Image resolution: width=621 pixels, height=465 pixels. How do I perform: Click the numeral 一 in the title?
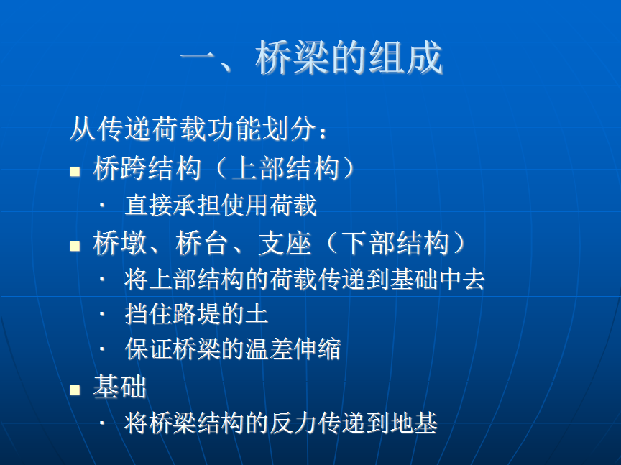click(x=198, y=59)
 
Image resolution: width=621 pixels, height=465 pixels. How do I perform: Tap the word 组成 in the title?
click(x=406, y=57)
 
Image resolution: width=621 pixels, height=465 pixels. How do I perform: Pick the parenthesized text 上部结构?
click(x=285, y=168)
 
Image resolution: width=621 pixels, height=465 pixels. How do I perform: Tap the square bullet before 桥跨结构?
click(x=75, y=171)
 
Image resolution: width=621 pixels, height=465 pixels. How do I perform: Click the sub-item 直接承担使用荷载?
click(x=221, y=205)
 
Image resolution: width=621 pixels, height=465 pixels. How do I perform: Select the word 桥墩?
click(x=119, y=243)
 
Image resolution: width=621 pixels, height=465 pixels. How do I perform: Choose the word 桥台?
click(x=202, y=243)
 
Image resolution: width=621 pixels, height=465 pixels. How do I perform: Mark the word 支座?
click(x=285, y=243)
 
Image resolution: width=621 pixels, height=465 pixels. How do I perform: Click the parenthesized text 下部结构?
click(x=395, y=243)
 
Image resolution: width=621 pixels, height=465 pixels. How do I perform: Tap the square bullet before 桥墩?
click(x=75, y=247)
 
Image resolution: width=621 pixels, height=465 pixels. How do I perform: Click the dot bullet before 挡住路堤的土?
click(x=102, y=314)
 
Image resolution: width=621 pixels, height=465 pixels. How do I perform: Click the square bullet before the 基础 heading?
click(x=75, y=390)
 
